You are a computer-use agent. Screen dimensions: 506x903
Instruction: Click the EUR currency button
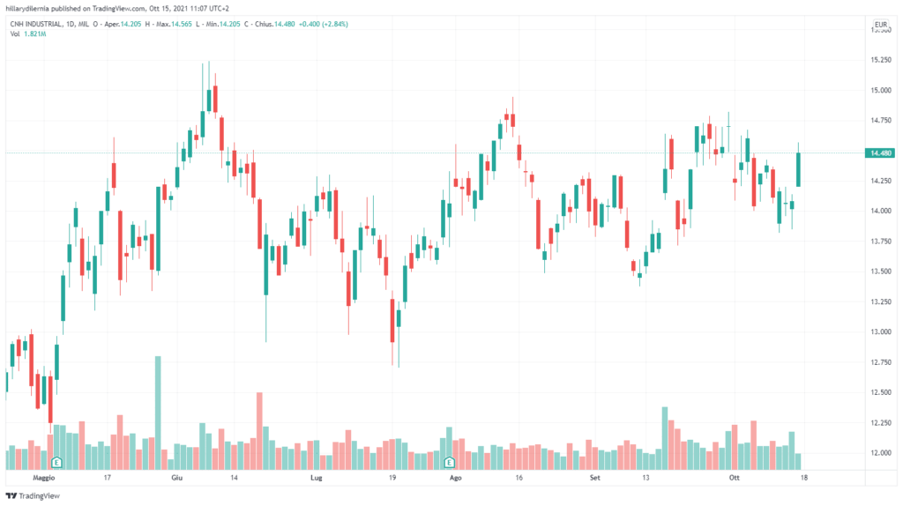point(879,24)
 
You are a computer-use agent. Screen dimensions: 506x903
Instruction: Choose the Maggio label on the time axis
point(43,477)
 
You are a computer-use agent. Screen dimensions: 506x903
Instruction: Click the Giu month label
point(176,477)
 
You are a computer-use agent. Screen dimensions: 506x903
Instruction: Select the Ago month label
point(455,477)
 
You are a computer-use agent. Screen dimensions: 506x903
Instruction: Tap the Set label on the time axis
point(594,477)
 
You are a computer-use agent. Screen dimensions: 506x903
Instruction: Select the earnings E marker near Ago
point(449,462)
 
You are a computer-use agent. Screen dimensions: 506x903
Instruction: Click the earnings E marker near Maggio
point(56,462)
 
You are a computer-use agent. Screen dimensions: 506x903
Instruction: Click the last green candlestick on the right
point(798,169)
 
